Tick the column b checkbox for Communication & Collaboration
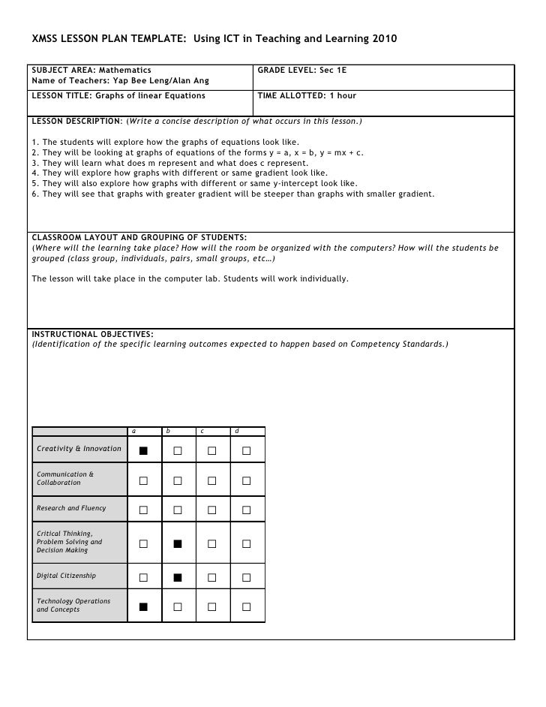point(178,480)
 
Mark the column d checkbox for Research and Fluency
point(246,510)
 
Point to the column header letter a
point(133,431)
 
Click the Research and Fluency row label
point(71,508)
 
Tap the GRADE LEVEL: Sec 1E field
point(301,70)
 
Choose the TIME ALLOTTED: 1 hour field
point(307,96)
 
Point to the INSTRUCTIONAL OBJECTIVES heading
point(92,334)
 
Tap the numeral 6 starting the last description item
point(34,194)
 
